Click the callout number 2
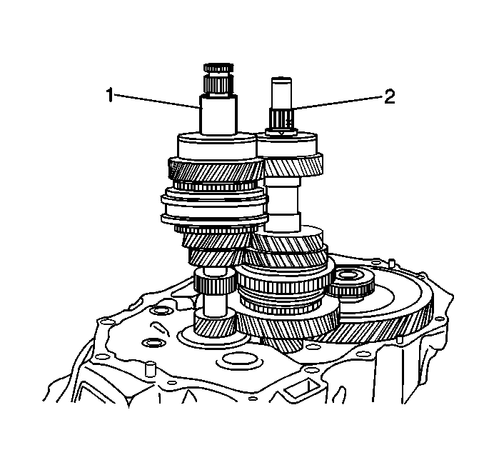pyautogui.click(x=390, y=96)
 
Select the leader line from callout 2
pyautogui.click(x=338, y=103)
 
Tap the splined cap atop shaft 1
pyautogui.click(x=218, y=68)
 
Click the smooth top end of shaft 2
pyautogui.click(x=281, y=93)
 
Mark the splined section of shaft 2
pyautogui.click(x=281, y=119)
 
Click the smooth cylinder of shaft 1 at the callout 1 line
pyautogui.click(x=218, y=115)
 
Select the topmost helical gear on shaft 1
pyautogui.click(x=216, y=169)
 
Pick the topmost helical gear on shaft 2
pyautogui.click(x=294, y=165)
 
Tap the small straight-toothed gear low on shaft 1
pyautogui.click(x=214, y=282)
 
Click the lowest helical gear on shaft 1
pyautogui.click(x=214, y=327)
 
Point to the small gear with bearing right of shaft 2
pyautogui.click(x=351, y=282)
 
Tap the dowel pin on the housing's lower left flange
pyautogui.click(x=150, y=369)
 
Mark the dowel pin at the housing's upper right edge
pyautogui.click(x=392, y=263)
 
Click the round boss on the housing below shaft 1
pyautogui.click(x=240, y=360)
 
